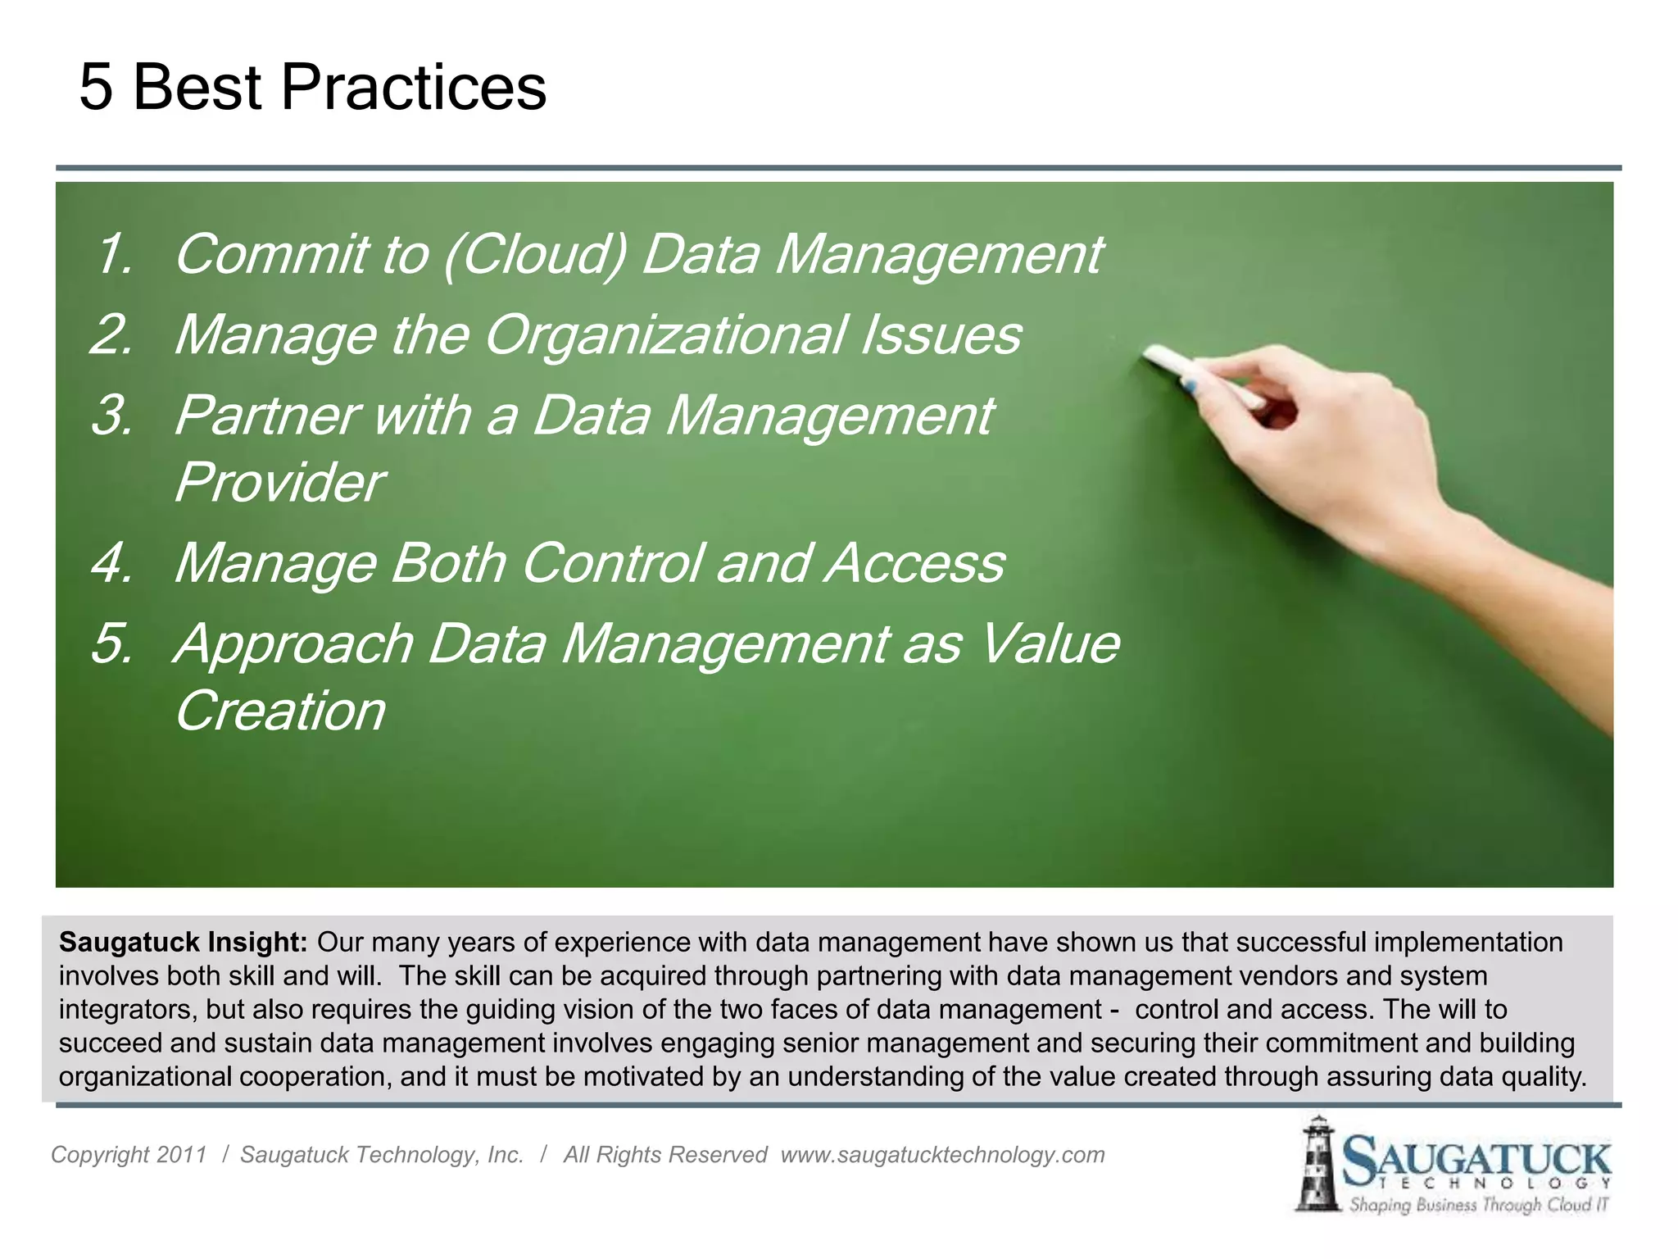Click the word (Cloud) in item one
click(x=535, y=254)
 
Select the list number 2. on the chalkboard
click(x=111, y=334)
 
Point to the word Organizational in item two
click(x=665, y=334)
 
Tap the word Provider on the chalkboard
click(x=279, y=482)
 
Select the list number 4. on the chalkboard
click(x=111, y=564)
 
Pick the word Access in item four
click(x=914, y=564)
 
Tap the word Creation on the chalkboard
click(x=280, y=711)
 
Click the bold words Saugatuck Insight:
click(x=183, y=943)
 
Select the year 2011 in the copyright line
click(x=181, y=1155)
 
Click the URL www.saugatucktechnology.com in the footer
click(x=942, y=1155)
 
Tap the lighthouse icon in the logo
click(x=1317, y=1164)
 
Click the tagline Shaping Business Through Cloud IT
click(x=1479, y=1205)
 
